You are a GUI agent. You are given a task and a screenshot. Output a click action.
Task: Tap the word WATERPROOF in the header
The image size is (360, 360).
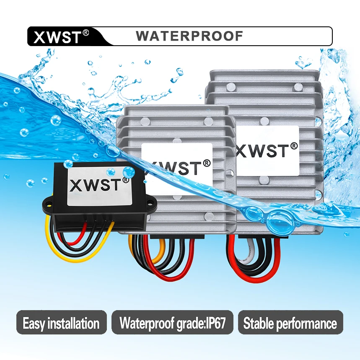pos(189,36)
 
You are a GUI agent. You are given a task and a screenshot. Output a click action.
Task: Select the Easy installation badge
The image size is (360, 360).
pos(61,323)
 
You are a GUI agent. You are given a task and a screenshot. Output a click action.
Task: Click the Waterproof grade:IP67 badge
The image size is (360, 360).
pos(172,323)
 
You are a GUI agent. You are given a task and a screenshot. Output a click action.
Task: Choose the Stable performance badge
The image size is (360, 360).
pos(290,323)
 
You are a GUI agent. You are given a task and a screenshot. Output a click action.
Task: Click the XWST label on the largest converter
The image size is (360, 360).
pos(267,150)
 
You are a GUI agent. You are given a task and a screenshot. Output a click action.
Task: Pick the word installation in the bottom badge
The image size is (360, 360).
pos(73,323)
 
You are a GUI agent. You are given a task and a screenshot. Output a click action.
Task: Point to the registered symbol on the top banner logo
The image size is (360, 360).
pos(86,32)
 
